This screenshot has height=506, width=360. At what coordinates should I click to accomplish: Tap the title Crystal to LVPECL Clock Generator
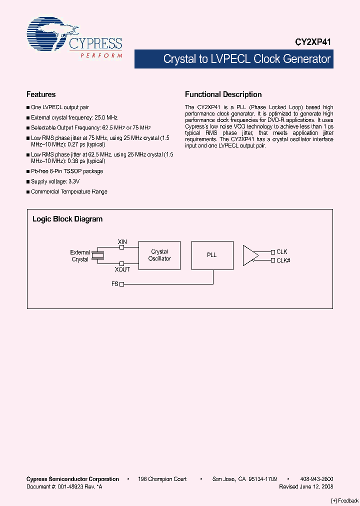(x=247, y=59)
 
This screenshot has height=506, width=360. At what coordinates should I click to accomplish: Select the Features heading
(x=41, y=94)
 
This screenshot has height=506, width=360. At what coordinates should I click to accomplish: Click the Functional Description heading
(x=223, y=94)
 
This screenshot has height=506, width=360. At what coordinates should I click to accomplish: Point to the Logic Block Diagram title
(x=67, y=219)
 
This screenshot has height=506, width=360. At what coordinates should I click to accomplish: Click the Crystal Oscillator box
(x=159, y=255)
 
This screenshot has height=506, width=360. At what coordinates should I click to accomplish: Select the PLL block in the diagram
(x=212, y=255)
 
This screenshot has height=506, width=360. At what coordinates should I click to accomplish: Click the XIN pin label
(x=122, y=242)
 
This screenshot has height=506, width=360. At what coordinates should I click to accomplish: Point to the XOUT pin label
(x=122, y=269)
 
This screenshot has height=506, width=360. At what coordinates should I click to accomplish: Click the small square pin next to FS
(x=121, y=284)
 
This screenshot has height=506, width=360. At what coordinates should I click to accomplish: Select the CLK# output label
(x=283, y=260)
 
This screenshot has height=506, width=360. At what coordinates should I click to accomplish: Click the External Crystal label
(x=80, y=256)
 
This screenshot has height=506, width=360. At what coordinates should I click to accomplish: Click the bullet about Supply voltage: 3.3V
(x=55, y=181)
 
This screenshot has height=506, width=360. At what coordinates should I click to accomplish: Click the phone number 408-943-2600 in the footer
(x=316, y=479)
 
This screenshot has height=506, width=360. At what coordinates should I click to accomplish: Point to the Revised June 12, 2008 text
(x=306, y=486)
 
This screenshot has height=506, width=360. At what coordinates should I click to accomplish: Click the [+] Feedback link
(x=345, y=501)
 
